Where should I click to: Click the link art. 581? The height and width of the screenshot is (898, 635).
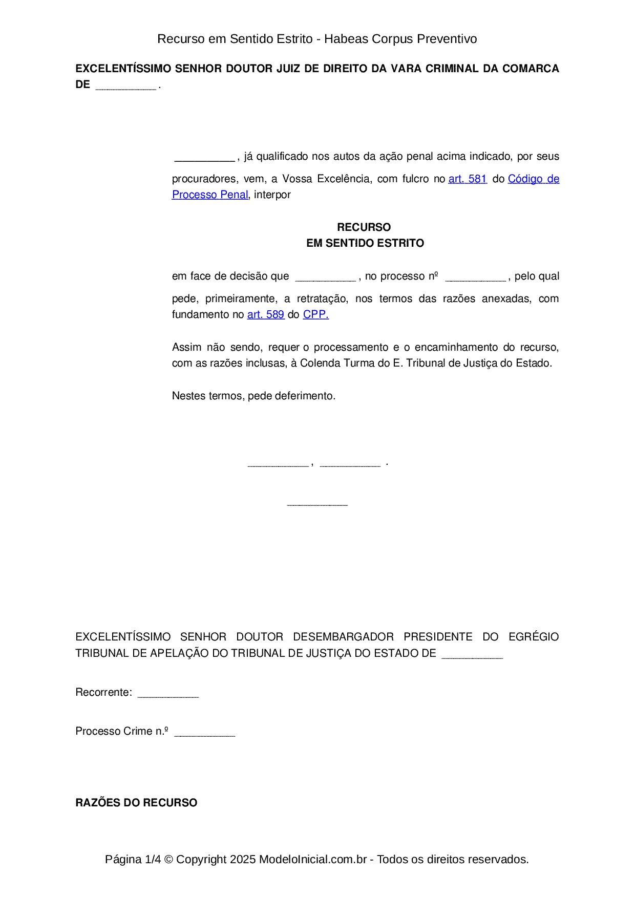pos(467,179)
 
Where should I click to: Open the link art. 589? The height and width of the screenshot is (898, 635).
pos(265,314)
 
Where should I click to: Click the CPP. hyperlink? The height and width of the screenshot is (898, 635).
pos(315,314)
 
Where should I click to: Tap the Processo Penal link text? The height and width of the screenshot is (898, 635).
pos(209,195)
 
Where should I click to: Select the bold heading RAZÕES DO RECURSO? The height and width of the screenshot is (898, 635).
pos(136,802)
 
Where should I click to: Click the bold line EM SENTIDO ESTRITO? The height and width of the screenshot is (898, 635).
pos(365,243)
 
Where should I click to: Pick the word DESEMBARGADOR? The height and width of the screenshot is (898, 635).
pos(343,637)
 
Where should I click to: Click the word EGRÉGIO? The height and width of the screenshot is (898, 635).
pos(533,637)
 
